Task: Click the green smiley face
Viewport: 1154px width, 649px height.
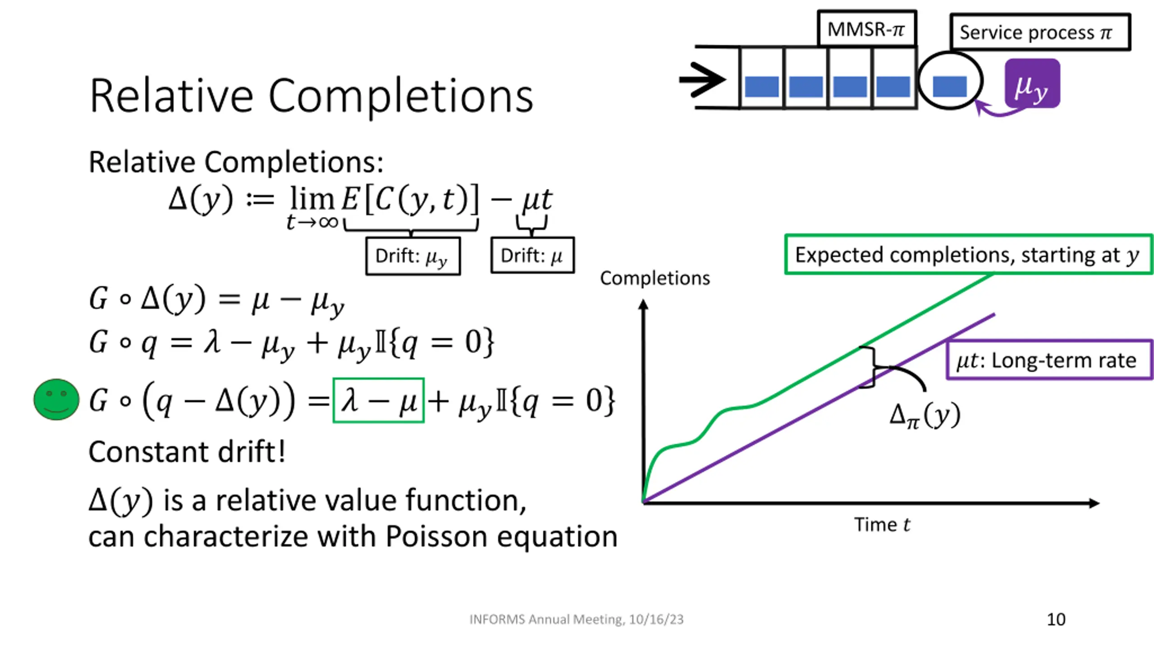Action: pos(56,399)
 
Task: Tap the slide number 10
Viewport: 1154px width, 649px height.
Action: pos(1056,619)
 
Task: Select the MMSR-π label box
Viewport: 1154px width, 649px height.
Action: pos(866,29)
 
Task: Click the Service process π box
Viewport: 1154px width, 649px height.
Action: pos(1040,32)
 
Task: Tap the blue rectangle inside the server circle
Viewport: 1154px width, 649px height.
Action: pos(949,86)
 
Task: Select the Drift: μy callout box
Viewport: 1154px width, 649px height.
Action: pos(413,256)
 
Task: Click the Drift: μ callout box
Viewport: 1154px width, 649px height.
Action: pos(532,256)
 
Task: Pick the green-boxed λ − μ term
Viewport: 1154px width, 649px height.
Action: pos(378,400)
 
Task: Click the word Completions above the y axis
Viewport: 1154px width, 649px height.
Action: pos(655,278)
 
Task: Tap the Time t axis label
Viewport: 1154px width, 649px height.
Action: pos(882,525)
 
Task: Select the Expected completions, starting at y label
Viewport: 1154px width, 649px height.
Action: pos(967,255)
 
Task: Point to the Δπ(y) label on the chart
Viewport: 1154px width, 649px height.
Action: pos(925,416)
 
